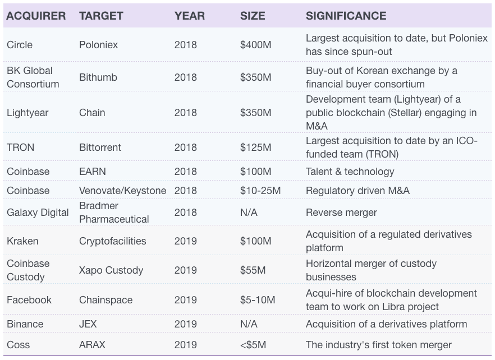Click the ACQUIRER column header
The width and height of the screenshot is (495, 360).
point(36,16)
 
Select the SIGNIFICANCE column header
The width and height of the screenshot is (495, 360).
point(346,16)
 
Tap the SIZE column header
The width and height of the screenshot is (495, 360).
point(253,16)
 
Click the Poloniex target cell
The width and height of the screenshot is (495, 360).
point(99,45)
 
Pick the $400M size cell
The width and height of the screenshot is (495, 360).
point(255,45)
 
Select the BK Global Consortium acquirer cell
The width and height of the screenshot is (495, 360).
point(33,77)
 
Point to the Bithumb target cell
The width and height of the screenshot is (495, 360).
point(98,77)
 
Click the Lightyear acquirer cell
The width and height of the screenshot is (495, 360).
point(27,113)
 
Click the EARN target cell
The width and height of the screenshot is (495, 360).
point(93,172)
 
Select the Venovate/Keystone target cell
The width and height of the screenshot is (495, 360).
point(122,191)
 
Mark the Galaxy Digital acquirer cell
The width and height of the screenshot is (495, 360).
point(38,213)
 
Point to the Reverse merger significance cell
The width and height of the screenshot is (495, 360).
point(341,213)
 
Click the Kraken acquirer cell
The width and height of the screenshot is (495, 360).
point(22,241)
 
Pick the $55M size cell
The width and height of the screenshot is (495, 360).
point(253,270)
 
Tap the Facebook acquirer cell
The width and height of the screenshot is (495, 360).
point(29,300)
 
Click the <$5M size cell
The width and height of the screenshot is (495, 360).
point(253,344)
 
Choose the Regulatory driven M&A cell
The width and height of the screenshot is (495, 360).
point(357,191)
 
